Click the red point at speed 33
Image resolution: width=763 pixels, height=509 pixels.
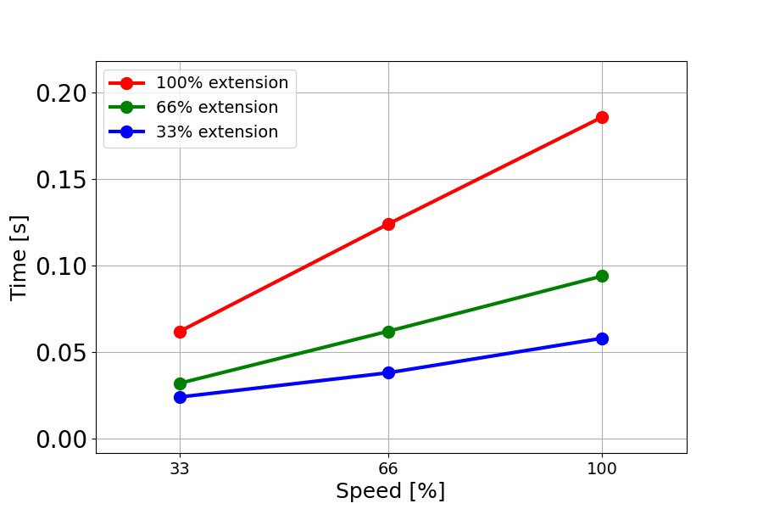(180, 332)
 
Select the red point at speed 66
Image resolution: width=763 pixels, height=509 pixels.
(388, 224)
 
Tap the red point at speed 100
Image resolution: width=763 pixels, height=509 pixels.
(602, 117)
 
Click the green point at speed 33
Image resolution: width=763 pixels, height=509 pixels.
(180, 383)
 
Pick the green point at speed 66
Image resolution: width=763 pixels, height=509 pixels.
(388, 332)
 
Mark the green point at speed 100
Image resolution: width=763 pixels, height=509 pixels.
(602, 276)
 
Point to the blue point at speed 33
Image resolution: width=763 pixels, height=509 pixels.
(180, 397)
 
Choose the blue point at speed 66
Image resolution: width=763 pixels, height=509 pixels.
(388, 372)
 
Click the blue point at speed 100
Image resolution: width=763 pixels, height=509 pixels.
(602, 338)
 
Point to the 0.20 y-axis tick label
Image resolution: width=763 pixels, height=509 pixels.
(60, 92)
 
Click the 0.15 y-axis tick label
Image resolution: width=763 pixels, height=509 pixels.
(60, 180)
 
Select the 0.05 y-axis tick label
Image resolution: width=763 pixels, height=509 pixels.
(60, 353)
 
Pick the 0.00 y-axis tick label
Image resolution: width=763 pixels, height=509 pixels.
(60, 439)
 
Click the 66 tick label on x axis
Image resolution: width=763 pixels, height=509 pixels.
(388, 467)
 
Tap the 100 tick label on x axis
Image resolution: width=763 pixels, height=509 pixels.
(602, 467)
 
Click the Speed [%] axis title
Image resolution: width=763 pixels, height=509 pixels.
(390, 491)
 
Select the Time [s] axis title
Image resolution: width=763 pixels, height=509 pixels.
(19, 257)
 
